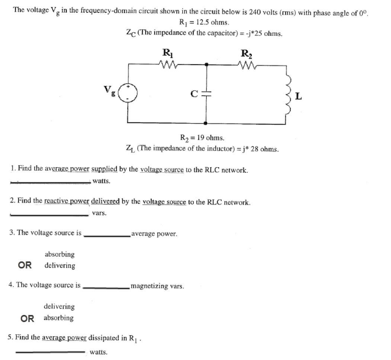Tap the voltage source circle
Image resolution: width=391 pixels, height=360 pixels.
point(128,92)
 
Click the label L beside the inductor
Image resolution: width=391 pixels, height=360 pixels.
point(299,98)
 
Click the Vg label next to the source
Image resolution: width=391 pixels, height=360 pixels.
point(109,90)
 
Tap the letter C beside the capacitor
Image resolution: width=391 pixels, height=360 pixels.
point(193,94)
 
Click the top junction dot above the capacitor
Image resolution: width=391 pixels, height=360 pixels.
point(206,64)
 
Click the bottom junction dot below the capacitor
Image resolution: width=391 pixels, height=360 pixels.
point(206,123)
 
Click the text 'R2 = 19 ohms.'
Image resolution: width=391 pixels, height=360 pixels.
point(202,138)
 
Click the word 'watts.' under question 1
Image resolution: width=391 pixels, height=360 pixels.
point(102,181)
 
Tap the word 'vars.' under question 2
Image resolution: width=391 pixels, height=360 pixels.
point(99,213)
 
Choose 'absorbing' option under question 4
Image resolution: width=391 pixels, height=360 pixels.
point(58,318)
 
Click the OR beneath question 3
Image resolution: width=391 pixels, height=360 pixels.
point(25,265)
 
